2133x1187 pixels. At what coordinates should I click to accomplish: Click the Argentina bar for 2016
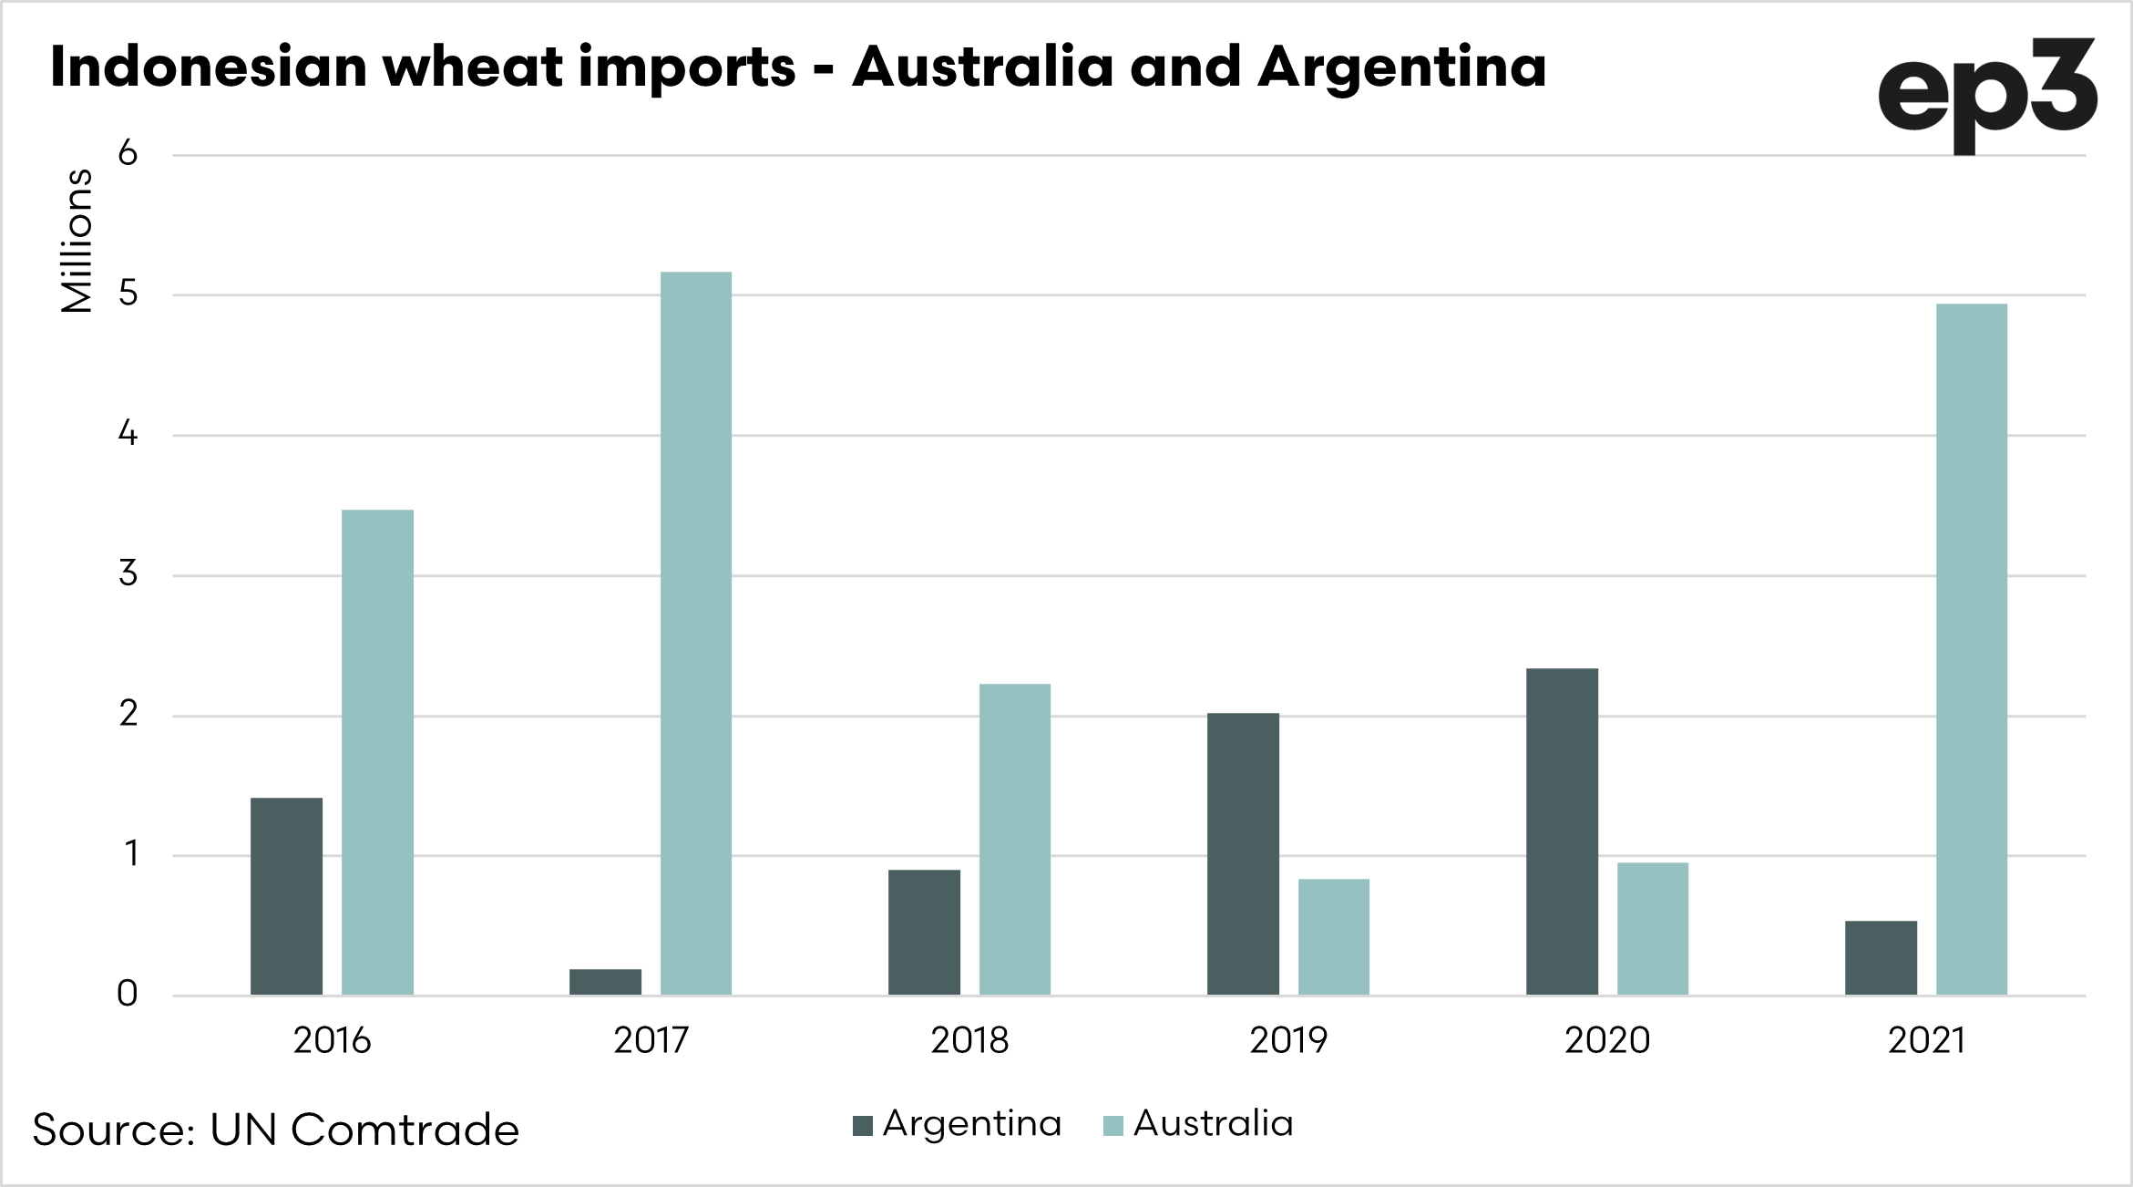point(286,896)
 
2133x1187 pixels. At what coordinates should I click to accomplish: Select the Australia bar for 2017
point(696,633)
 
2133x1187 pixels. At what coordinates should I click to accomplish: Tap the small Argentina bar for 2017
point(605,982)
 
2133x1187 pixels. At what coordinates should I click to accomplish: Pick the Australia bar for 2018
point(1015,839)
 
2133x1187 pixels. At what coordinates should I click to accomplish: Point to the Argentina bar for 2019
point(1243,853)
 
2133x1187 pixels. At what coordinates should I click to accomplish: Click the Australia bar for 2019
point(1334,936)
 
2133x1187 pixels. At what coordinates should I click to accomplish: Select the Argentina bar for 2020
point(1562,831)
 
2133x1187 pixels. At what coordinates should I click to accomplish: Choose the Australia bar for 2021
point(1972,649)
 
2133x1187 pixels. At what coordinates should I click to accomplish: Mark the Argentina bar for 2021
point(1881,957)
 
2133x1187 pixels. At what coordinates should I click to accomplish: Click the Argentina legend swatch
point(863,1126)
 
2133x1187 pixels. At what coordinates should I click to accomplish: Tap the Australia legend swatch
point(1113,1126)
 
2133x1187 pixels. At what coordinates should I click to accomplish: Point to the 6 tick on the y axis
point(128,153)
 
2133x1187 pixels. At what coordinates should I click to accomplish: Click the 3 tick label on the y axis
point(128,573)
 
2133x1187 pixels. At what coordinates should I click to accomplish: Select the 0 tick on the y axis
point(128,994)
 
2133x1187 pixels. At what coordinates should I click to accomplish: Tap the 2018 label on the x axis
point(969,1040)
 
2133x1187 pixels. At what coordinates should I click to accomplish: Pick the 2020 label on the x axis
point(1607,1040)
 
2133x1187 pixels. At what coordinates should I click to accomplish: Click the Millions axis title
point(77,241)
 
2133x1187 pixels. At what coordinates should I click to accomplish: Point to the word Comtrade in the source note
point(405,1130)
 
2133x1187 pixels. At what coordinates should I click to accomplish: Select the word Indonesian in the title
point(208,67)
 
